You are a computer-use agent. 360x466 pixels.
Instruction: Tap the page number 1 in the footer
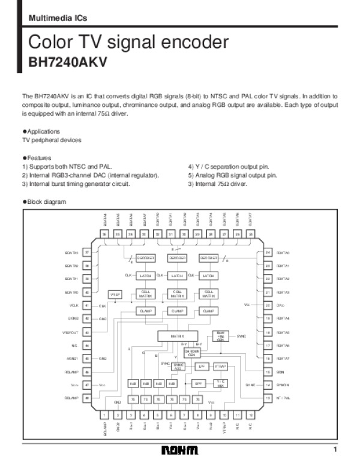point(336,450)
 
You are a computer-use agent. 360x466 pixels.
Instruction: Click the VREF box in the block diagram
point(115,294)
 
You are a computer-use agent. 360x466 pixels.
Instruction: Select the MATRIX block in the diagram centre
point(177,336)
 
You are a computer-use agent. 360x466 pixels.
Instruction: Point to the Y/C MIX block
point(220,383)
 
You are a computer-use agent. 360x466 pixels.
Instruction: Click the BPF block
point(198,383)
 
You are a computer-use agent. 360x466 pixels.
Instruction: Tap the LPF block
point(202,365)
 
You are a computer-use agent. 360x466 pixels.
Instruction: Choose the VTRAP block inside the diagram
point(220,365)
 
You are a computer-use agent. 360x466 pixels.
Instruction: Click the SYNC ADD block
point(178,365)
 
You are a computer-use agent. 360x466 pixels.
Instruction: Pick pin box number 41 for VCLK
point(87,305)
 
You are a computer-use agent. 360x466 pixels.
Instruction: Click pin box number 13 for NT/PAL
point(268,398)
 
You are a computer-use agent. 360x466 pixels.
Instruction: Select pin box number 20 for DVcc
point(268,305)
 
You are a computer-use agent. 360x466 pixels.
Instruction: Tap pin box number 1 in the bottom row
point(104,414)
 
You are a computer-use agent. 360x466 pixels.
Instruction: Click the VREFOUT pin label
point(71,332)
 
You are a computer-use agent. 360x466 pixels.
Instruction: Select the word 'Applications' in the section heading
point(43,131)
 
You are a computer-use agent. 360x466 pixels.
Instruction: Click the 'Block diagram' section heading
point(46,202)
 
